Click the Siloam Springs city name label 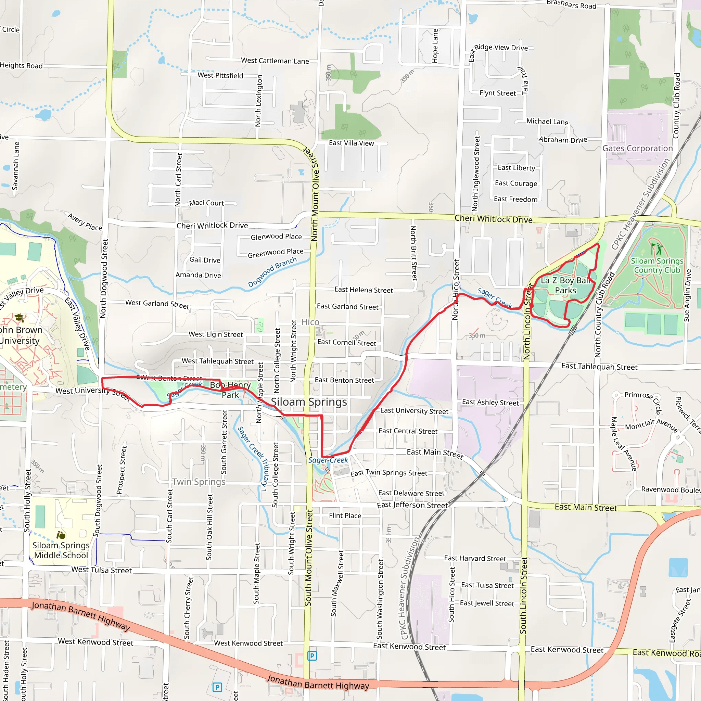(309, 402)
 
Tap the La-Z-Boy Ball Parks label (565, 285)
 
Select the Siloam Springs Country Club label (657, 265)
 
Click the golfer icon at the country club (656, 249)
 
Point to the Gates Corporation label (637, 149)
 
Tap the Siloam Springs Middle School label (61, 550)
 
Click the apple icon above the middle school (61, 535)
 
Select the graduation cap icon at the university (19, 318)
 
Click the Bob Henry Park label (230, 390)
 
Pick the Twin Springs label (199, 482)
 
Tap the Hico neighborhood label (310, 322)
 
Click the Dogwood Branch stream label (272, 272)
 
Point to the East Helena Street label (364, 290)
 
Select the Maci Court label (206, 203)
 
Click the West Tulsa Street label (102, 570)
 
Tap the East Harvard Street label (475, 558)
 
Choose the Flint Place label (345, 515)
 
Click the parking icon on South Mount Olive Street (312, 655)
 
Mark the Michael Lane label (547, 122)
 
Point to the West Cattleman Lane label (275, 61)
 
